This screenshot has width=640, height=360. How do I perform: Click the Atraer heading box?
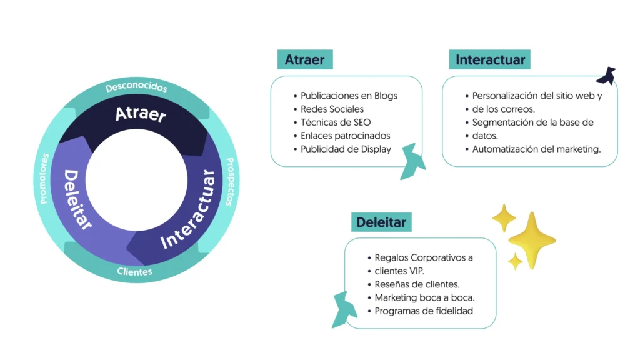305,59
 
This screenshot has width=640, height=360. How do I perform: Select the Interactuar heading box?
489,59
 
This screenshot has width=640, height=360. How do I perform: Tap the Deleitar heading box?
381,222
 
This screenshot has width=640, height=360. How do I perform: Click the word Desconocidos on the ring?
136,87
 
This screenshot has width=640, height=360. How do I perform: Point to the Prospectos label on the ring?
229,181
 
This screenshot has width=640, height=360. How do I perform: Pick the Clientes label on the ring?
134,272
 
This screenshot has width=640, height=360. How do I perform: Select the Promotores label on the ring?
44,179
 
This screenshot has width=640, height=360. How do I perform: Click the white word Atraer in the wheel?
141,114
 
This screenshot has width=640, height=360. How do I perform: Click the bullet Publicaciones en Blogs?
349,96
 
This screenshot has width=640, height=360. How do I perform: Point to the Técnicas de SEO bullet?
336,122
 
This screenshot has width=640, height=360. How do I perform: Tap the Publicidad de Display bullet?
346,149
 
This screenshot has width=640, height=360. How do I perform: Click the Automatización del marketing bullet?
536,149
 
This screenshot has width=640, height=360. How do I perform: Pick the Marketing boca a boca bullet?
424,297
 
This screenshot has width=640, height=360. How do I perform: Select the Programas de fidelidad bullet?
424,311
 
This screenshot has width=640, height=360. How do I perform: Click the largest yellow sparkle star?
531,240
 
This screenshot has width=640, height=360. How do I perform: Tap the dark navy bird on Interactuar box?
606,76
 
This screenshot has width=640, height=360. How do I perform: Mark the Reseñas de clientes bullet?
417,284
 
